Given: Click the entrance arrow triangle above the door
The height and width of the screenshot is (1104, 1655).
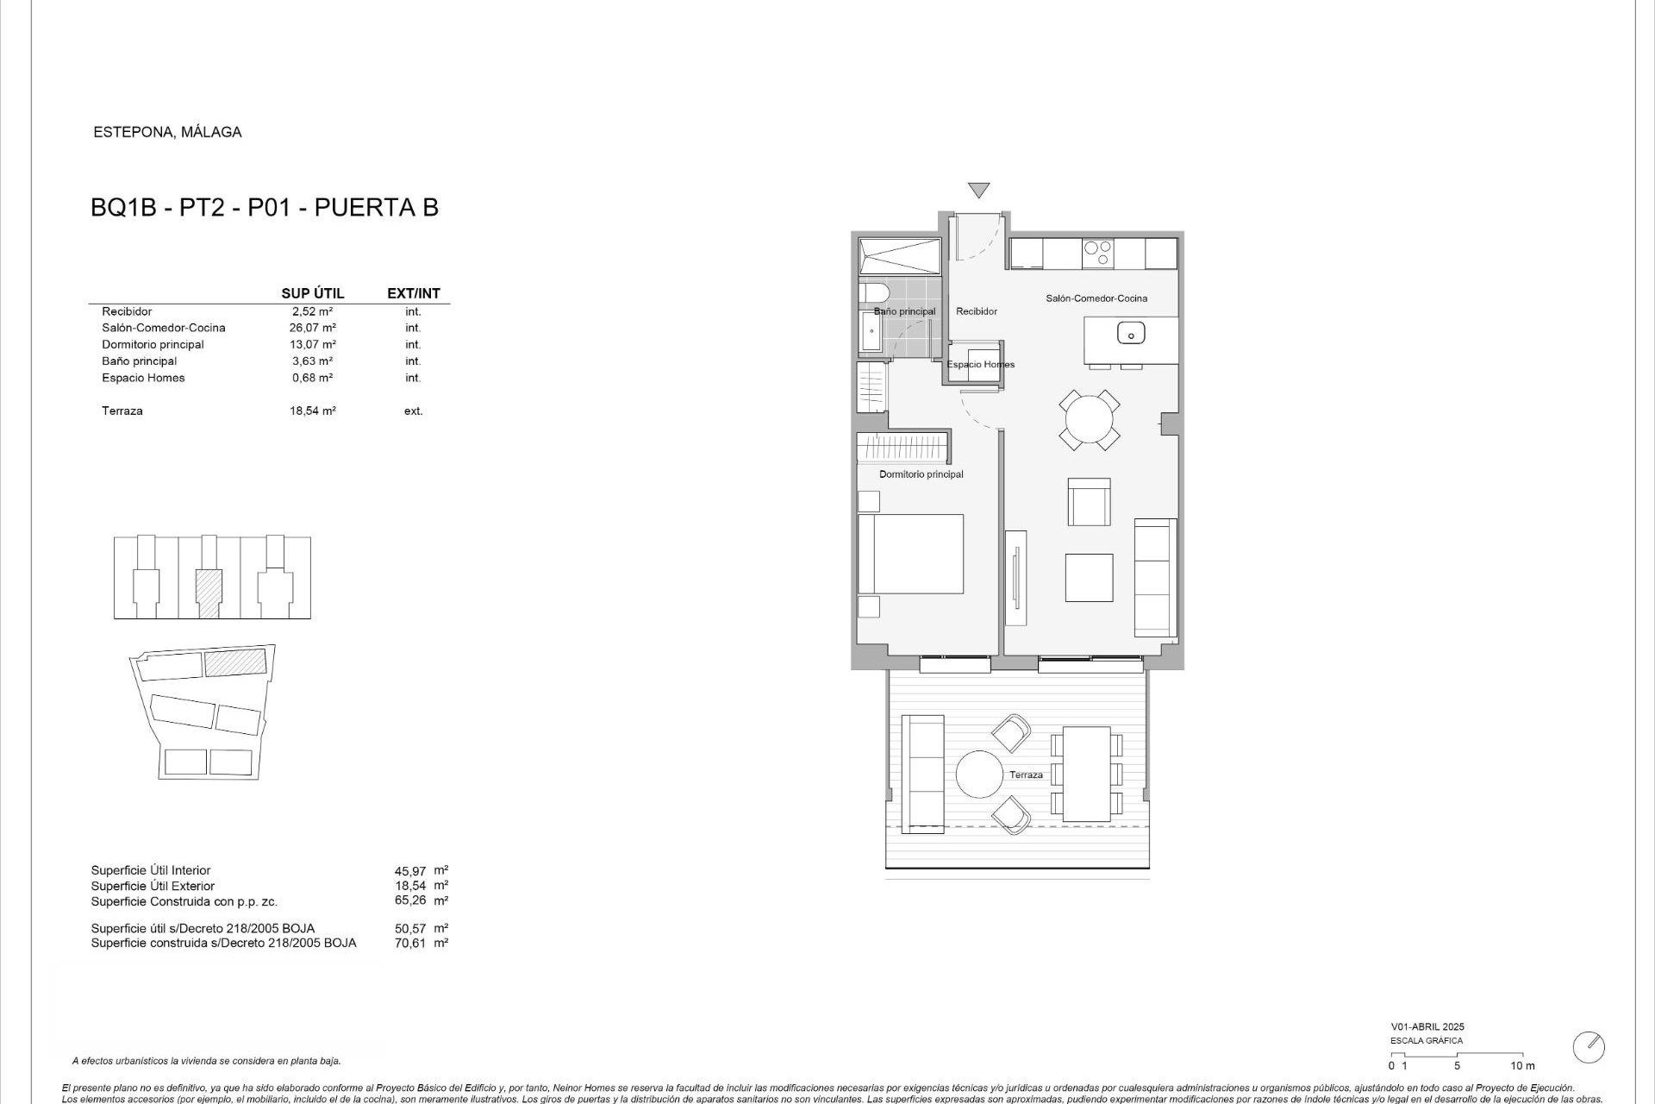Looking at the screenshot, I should [978, 190].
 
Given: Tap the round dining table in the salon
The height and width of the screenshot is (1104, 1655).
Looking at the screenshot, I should [1090, 420].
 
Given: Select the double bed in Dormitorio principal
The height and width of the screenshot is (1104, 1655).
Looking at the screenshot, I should [911, 554].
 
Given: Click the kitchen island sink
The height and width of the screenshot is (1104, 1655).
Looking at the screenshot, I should [1130, 332].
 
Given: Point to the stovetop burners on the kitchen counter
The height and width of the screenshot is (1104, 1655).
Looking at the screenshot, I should [1098, 254].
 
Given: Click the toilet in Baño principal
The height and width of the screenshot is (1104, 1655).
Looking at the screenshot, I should [871, 292].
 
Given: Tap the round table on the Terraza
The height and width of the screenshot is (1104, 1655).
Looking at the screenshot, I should [980, 775].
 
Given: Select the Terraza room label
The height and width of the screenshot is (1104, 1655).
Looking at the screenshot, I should [1026, 775].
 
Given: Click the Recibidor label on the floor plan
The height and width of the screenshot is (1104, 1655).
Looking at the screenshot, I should [977, 311].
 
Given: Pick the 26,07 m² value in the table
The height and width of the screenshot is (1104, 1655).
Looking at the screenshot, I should [312, 328].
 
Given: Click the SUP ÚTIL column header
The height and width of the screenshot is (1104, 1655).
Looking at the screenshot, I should [312, 293].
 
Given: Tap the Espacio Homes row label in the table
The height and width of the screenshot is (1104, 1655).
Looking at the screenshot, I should [143, 378].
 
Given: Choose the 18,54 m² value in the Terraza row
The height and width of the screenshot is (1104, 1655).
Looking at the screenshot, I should [312, 411].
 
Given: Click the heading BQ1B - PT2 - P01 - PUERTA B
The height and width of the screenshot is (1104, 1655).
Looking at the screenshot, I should [265, 208].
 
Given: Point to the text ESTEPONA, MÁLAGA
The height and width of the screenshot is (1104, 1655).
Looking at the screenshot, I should [167, 132].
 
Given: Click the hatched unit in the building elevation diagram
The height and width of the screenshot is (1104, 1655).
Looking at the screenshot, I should [209, 593].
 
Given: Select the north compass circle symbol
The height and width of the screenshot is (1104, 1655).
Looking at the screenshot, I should [1589, 1047].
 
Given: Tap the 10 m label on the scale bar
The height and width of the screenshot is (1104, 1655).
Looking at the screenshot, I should [1522, 1066].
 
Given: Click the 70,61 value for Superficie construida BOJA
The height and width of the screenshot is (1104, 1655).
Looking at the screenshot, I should [410, 943].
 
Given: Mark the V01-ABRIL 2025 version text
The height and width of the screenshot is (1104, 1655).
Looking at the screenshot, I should [1427, 1026].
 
